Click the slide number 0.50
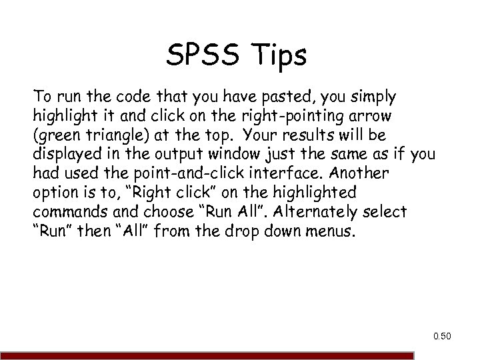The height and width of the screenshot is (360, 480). pos(441,336)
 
